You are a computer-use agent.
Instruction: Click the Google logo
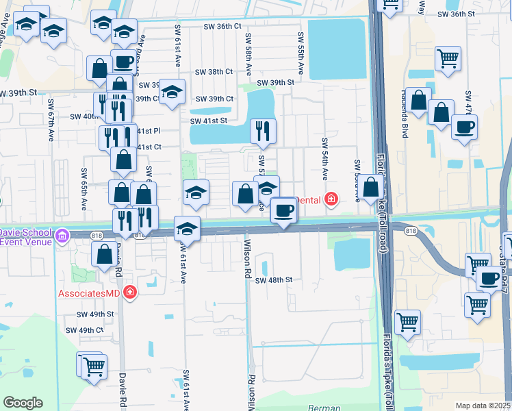coord(23,403)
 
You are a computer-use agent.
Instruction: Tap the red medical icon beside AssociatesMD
coord(130,293)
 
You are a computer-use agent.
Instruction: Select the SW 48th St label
coord(274,280)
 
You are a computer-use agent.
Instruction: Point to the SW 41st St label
coord(208,121)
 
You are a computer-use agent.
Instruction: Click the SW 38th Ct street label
coord(214,71)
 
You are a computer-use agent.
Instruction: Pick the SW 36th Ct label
coord(222,26)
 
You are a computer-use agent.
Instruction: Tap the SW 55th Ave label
coord(300,53)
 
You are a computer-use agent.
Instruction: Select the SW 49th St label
coord(94,314)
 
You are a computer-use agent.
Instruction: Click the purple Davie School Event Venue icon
coord(62,236)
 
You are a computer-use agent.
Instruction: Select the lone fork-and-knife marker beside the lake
coord(262,131)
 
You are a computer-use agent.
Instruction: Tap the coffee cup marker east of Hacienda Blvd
coord(464,127)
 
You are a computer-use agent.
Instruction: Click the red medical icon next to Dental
coord(332,199)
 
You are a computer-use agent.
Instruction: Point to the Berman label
coord(324,408)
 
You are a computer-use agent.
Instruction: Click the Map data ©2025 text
coord(483,406)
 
